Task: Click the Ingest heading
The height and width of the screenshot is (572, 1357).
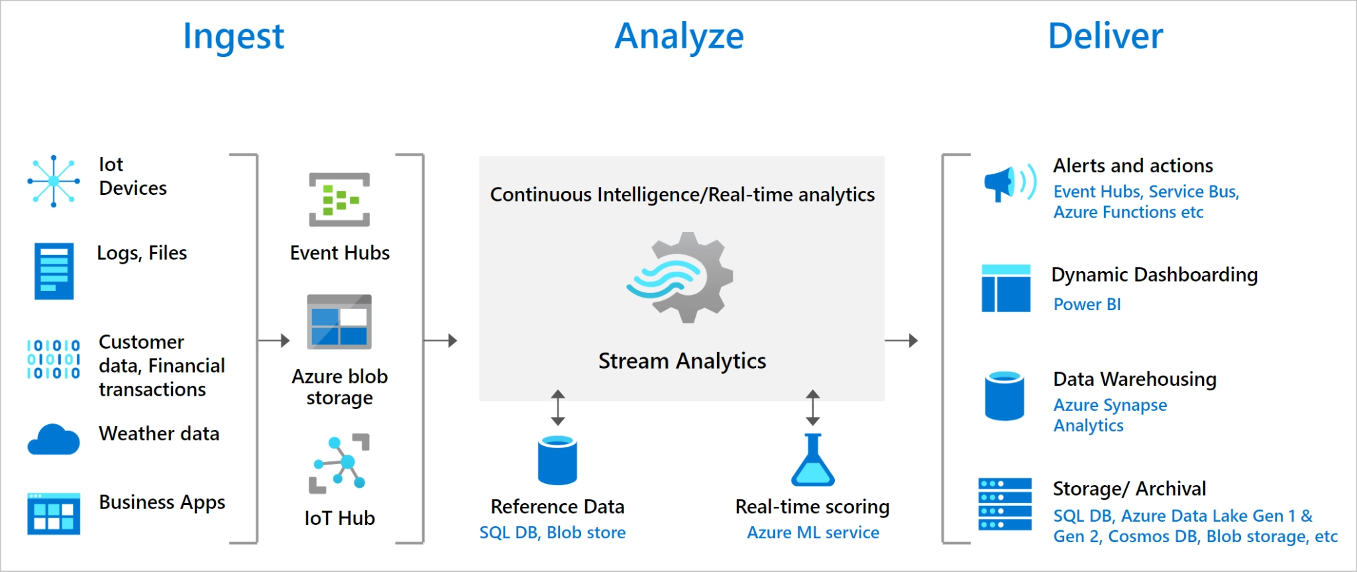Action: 233,36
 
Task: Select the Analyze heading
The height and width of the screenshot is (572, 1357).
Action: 679,36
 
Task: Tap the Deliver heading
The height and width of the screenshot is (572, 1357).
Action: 1105,36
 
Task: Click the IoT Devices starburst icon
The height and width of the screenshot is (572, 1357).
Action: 54,181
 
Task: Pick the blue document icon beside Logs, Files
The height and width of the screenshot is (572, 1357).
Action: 54,271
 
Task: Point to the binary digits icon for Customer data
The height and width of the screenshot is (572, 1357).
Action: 54,359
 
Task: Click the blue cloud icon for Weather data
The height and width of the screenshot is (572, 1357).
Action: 54,439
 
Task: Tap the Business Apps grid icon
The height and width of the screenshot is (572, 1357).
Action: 54,513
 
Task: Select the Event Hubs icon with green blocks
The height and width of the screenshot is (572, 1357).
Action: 339,200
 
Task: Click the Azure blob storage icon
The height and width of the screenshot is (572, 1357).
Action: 339,322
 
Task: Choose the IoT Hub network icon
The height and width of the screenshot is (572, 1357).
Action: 339,463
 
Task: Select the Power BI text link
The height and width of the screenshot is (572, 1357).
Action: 1087,304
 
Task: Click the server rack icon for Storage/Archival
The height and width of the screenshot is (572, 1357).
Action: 1004,504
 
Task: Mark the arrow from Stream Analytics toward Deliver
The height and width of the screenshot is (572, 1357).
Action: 901,341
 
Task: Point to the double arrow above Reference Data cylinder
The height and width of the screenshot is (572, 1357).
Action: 558,408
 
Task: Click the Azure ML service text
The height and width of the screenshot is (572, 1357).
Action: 813,532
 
